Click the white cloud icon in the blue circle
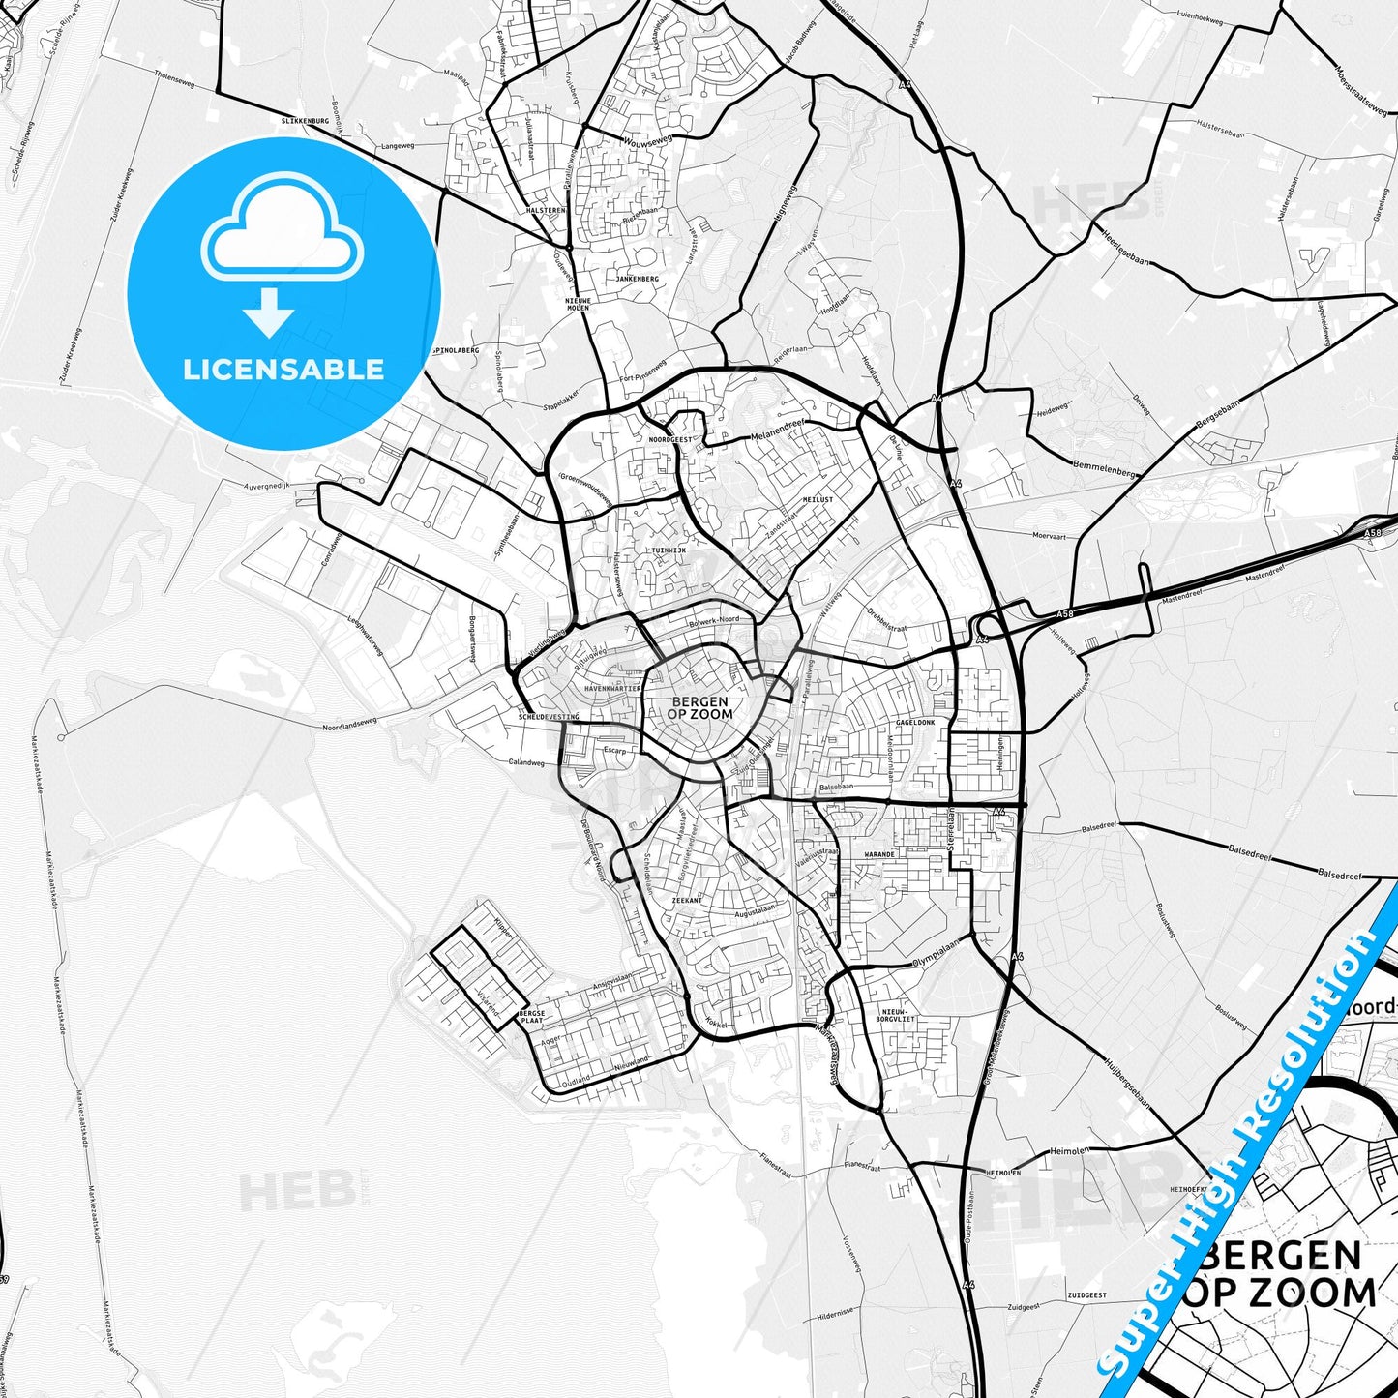283,229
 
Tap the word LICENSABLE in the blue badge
283,369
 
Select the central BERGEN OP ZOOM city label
700,708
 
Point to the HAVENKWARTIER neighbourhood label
613,688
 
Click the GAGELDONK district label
914,723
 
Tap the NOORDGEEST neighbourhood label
670,438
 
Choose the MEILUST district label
818,499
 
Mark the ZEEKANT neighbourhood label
687,900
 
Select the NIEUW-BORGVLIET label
895,987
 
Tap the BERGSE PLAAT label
532,1017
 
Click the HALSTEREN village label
546,210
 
